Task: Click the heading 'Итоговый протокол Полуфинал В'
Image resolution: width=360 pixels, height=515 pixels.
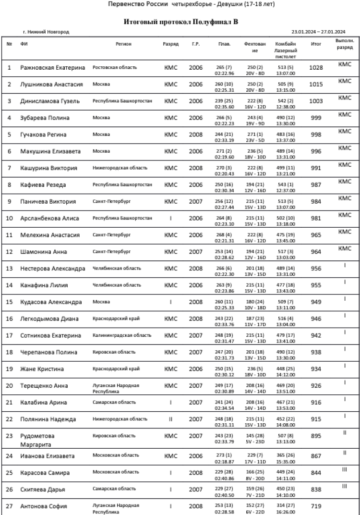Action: [181, 22]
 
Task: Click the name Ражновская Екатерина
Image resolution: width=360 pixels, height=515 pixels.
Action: [52, 68]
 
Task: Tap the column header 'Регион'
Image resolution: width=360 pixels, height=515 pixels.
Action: [123, 44]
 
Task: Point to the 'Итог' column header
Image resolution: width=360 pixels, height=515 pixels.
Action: [315, 44]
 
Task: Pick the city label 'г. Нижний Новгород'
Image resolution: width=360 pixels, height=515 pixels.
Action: [46, 32]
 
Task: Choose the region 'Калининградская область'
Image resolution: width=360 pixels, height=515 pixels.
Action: [122, 335]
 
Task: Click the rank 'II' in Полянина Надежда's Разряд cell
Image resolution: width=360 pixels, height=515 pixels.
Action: [171, 419]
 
